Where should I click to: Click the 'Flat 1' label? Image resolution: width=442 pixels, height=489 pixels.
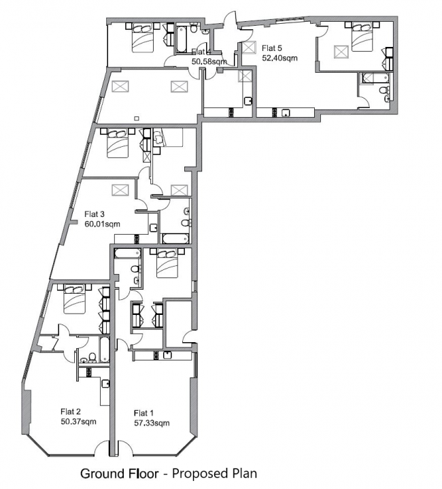143,414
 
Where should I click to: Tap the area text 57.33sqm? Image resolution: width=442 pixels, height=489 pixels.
152,423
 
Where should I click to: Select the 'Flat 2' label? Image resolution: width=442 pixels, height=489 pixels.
71,411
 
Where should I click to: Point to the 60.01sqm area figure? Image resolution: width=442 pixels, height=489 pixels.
102,224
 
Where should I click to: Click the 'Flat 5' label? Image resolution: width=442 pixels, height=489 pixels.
272,48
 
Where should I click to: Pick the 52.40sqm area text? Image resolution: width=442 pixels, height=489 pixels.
279,58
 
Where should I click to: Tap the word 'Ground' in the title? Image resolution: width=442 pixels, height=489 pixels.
102,473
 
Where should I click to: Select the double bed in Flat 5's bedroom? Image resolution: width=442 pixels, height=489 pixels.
362,37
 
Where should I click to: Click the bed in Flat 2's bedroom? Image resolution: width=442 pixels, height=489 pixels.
75,300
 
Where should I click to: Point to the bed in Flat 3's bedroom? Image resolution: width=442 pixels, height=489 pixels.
118,144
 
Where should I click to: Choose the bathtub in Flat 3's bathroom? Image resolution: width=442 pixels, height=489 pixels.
175,239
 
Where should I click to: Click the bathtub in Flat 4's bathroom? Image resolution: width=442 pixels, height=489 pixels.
182,39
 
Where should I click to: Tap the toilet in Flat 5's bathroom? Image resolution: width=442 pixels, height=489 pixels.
384,90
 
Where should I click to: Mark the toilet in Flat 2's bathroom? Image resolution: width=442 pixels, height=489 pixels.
92,357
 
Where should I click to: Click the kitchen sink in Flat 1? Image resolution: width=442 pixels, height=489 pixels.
167,355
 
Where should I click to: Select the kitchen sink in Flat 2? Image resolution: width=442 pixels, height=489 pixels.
105,384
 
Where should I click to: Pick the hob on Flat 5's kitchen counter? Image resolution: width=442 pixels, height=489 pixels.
275,113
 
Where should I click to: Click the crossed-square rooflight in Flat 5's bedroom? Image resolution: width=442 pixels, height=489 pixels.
341,52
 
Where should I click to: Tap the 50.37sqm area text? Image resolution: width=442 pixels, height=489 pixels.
79,422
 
